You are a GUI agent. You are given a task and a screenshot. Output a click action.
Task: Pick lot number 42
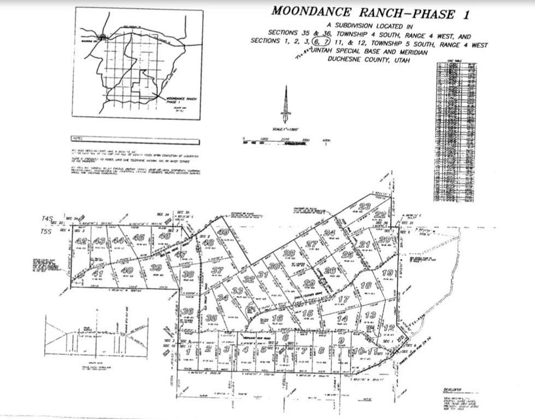(81, 241)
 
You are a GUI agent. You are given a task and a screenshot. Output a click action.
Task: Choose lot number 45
(138, 237)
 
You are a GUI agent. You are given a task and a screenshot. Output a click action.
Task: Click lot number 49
(223, 232)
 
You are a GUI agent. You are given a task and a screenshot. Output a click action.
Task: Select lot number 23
(364, 206)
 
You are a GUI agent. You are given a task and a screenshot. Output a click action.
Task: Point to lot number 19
(387, 273)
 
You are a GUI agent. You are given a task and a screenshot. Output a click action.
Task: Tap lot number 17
(343, 300)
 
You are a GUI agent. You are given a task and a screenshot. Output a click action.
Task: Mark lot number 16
(277, 318)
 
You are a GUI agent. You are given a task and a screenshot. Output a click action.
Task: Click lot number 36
(187, 312)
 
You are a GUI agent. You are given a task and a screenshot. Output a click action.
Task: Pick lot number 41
(97, 273)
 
